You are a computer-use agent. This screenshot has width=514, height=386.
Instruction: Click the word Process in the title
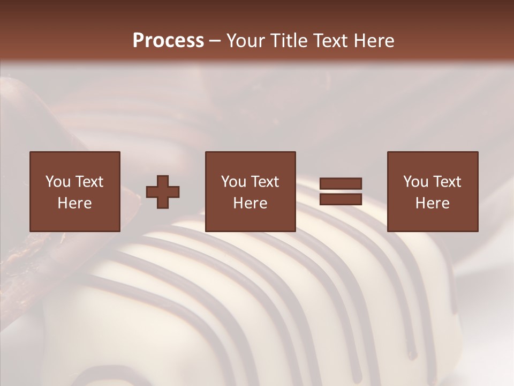click(168, 41)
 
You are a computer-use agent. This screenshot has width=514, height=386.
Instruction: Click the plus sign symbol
click(163, 192)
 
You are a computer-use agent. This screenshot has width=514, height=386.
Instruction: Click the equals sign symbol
click(341, 191)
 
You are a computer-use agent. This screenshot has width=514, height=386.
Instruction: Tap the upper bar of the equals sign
click(341, 184)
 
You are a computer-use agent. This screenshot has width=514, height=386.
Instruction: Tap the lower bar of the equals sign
click(341, 199)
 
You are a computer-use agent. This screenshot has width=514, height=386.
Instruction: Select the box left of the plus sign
click(75, 191)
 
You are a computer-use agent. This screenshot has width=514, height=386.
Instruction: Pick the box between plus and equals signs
click(251, 191)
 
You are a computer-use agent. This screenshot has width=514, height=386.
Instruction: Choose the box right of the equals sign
click(433, 191)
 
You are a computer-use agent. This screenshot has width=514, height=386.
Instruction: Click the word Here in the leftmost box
click(75, 203)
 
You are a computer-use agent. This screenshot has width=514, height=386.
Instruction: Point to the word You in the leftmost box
click(57, 182)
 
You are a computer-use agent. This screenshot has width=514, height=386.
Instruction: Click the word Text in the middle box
click(264, 182)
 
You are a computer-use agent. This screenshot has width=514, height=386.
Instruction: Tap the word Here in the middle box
click(251, 203)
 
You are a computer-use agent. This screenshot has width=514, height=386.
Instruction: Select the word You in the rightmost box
click(415, 182)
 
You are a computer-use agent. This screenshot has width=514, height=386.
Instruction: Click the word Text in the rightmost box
click(447, 182)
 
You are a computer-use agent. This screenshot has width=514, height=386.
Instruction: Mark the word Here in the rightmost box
click(433, 203)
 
